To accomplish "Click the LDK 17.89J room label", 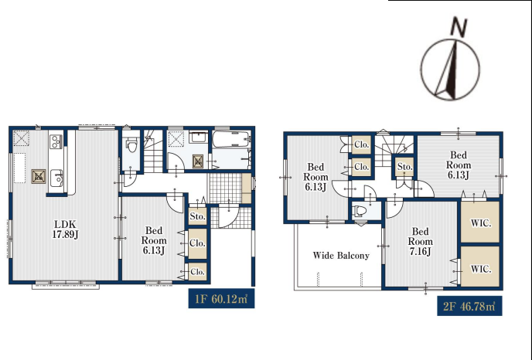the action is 65,229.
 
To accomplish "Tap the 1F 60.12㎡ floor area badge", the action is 221,299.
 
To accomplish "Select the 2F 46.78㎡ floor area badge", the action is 469,306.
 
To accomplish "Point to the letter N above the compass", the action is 459,26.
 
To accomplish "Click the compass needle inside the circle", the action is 448,70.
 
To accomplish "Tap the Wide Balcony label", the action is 341,255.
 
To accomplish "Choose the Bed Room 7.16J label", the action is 421,242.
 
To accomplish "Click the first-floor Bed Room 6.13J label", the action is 154,241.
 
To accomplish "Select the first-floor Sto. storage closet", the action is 197,216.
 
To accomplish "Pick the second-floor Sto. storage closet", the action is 404,167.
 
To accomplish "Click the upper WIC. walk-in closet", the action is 480,222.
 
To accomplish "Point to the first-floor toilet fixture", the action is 132,144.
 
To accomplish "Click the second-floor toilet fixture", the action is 360,211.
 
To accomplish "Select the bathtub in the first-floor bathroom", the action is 231,139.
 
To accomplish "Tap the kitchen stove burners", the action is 56,141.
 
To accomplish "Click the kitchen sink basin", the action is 56,178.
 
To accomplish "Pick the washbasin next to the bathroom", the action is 198,137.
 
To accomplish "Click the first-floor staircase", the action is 153,151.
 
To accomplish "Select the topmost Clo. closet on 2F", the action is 361,144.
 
